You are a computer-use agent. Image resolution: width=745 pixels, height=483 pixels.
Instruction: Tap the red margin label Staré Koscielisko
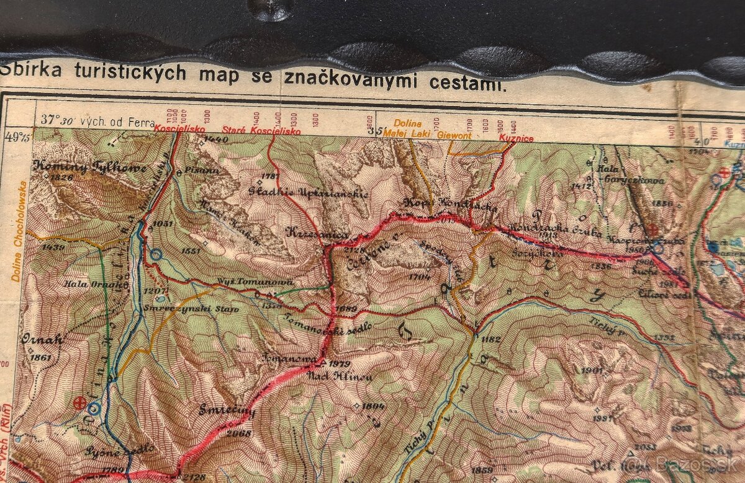coord(261,131)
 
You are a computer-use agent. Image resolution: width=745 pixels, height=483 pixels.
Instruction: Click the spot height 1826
coord(63,178)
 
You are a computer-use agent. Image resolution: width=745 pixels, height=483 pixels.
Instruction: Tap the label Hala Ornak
coord(95,284)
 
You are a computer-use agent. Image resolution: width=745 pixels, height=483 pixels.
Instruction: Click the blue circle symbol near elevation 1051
coord(155,254)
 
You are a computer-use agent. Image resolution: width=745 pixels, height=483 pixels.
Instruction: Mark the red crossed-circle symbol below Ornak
coord(80,403)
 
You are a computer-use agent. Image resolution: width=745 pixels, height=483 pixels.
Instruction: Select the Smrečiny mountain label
coord(228,410)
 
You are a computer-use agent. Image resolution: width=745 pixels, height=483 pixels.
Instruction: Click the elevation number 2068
coord(238,433)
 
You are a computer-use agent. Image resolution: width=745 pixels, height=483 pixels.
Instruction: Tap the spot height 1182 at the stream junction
coord(490,339)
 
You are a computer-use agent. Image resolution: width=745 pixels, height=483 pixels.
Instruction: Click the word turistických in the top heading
coord(130,73)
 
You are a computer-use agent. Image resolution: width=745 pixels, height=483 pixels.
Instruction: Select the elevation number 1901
coord(594,371)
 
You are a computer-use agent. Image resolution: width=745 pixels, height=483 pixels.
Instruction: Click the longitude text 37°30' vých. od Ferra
coord(97,120)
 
